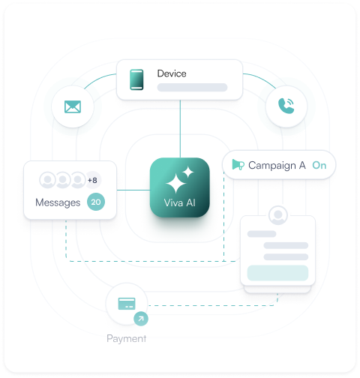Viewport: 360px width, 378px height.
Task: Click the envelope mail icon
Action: point(73,106)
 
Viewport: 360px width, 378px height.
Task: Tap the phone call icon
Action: point(286,106)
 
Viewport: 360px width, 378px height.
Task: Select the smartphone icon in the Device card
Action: point(136,79)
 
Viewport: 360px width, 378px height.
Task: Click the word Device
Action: point(172,73)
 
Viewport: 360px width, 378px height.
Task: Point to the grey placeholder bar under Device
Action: point(192,88)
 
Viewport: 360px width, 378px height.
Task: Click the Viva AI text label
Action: point(179,202)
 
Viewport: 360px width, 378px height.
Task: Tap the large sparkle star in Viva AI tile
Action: point(176,184)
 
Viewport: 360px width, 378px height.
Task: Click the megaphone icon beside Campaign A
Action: point(238,165)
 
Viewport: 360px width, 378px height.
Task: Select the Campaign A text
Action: point(277,166)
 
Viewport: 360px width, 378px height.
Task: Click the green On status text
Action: point(319,165)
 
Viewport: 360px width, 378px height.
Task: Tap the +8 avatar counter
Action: point(92,180)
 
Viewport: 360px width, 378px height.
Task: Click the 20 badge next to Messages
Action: point(96,202)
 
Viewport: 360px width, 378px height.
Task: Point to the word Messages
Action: point(58,202)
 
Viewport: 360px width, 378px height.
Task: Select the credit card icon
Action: point(127,304)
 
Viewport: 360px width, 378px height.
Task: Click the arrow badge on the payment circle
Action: point(141,319)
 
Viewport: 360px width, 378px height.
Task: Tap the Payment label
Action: point(127,338)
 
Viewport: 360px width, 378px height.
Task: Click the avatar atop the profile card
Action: point(278,215)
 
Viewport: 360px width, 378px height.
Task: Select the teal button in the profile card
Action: point(277,273)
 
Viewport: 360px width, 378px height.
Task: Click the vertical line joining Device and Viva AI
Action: point(180,129)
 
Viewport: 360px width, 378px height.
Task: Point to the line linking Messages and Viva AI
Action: point(133,190)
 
